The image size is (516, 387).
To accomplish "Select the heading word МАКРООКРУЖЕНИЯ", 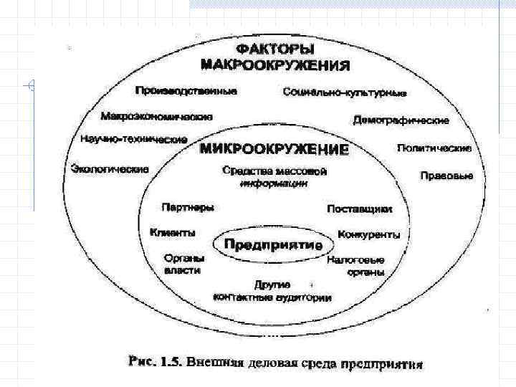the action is [x=275, y=65].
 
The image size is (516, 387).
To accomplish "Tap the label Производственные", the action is [x=186, y=91].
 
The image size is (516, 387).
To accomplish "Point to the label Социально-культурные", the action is [x=345, y=92].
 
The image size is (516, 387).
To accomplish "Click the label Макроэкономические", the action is [x=156, y=115].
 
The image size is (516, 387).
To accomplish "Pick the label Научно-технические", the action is [x=134, y=139].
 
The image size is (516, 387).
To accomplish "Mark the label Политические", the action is [x=434, y=148].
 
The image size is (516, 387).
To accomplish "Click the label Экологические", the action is [x=110, y=169].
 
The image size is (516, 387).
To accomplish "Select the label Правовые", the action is [x=446, y=176].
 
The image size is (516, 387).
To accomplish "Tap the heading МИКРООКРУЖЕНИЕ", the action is [x=274, y=150].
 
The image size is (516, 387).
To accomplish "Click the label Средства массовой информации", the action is [x=274, y=177].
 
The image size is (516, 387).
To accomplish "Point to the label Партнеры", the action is [x=188, y=207].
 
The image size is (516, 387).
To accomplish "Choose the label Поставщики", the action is [x=360, y=209].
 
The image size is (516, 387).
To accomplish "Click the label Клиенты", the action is [x=172, y=232].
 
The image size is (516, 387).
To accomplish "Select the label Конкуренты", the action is [x=368, y=234].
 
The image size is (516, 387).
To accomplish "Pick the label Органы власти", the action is [x=183, y=264].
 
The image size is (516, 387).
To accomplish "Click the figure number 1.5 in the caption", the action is [x=166, y=363].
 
